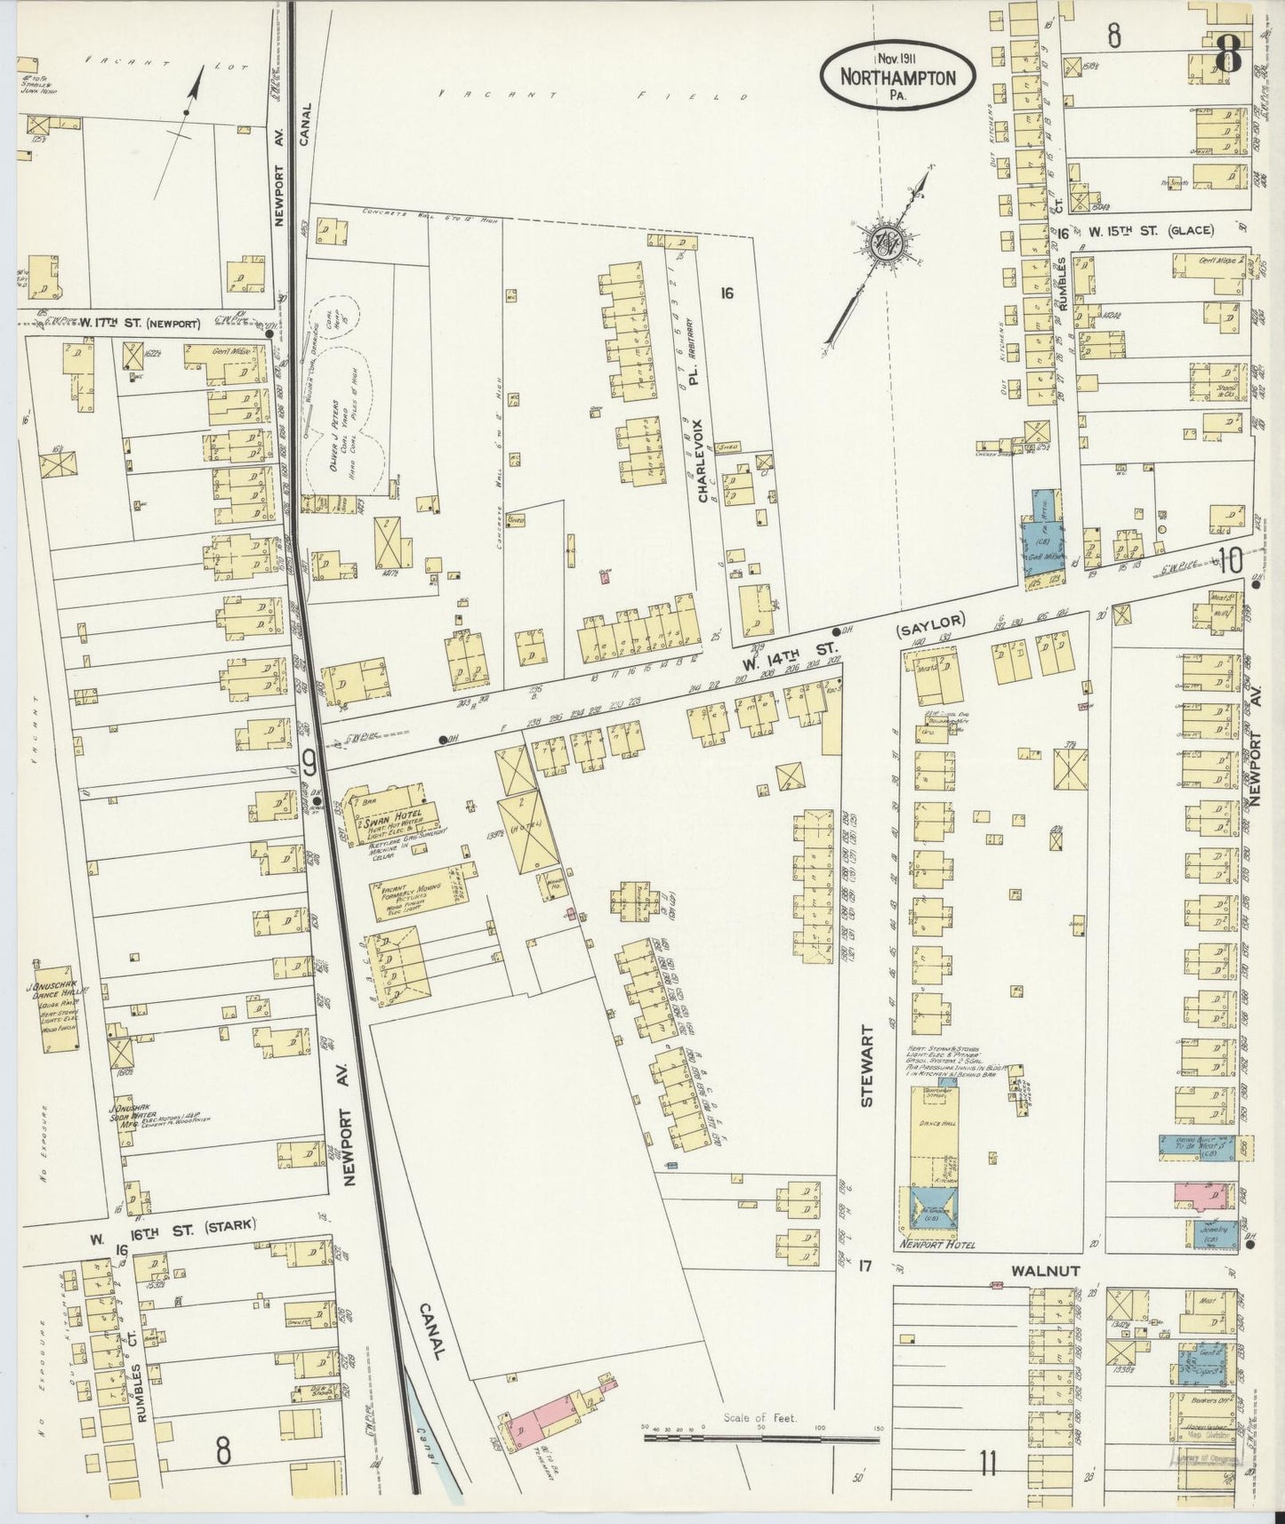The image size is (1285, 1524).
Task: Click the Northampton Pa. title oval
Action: tap(898, 77)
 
